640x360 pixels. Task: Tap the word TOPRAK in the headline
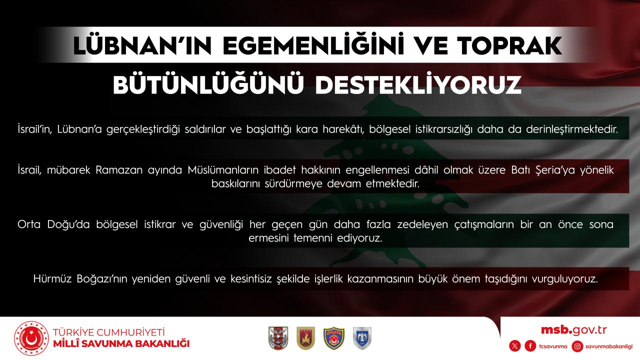click(x=509, y=45)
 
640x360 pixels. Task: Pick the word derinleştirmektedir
click(x=572, y=129)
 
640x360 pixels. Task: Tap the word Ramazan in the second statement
click(x=119, y=170)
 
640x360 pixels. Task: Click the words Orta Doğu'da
click(x=53, y=224)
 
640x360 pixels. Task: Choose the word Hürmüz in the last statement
click(x=52, y=279)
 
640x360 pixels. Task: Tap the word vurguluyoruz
click(x=565, y=279)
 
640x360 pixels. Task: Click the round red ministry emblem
click(x=31, y=338)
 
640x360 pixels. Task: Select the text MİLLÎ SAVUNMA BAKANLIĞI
click(x=121, y=343)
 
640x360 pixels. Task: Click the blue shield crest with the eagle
click(x=362, y=338)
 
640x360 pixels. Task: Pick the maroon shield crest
click(x=305, y=338)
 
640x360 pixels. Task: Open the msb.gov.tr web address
click(x=573, y=330)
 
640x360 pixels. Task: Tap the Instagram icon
click(x=577, y=346)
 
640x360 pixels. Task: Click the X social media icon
click(x=515, y=346)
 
